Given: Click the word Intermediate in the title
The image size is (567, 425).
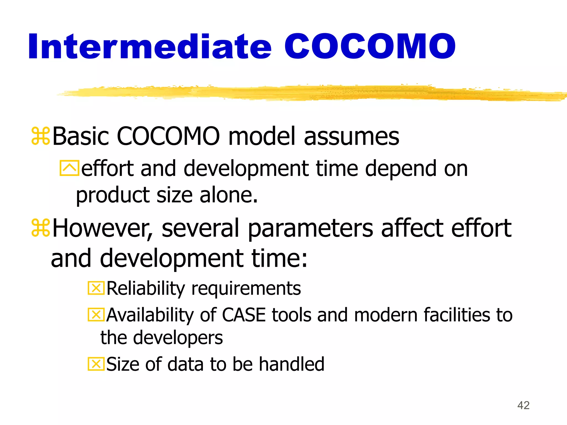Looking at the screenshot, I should click(x=150, y=46).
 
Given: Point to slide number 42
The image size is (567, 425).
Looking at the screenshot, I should click(x=523, y=405).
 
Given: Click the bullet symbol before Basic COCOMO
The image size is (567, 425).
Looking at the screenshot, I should click(x=41, y=136).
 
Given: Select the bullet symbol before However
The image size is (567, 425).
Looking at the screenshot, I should click(x=41, y=228).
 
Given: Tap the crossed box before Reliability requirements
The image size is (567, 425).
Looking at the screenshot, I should click(x=96, y=288).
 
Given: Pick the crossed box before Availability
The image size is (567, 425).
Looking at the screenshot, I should click(x=96, y=315).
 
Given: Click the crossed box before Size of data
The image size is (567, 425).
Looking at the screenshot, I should click(x=96, y=364).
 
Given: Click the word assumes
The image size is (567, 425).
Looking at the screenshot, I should click(x=351, y=136).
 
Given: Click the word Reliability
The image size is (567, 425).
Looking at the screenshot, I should click(x=146, y=289).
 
